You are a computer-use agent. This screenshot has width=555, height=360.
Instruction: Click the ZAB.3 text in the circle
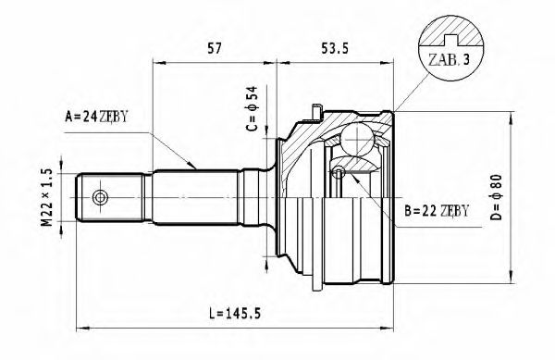click(448, 62)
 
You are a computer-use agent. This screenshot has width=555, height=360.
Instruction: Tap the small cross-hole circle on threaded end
click(100, 197)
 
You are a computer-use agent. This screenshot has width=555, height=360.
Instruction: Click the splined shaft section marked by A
click(194, 197)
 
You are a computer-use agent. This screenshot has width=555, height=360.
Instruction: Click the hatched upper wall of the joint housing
click(305, 139)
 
